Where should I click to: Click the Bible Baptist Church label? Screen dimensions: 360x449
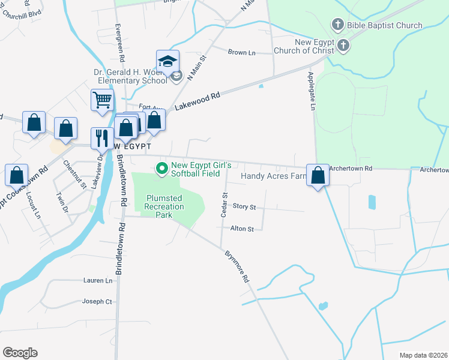coord(385,25)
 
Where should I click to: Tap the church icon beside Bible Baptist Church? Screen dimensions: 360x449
coord(337,25)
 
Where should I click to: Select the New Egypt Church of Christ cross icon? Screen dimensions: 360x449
coord(343,46)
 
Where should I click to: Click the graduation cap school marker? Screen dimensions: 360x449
coord(168,61)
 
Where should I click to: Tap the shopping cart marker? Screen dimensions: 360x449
coord(103,100)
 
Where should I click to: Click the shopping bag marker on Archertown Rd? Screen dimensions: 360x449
coord(318,176)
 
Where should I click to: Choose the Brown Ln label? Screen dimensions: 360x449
coord(241,53)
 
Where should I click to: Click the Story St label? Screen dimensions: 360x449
coord(244,207)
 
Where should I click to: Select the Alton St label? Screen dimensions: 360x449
coord(243,229)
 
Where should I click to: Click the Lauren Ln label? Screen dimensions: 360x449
coord(98,280)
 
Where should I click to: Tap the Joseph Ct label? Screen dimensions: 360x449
coord(97,301)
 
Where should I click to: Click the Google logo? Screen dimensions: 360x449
coord(20,353)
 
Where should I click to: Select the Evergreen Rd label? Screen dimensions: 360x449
coord(121,44)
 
